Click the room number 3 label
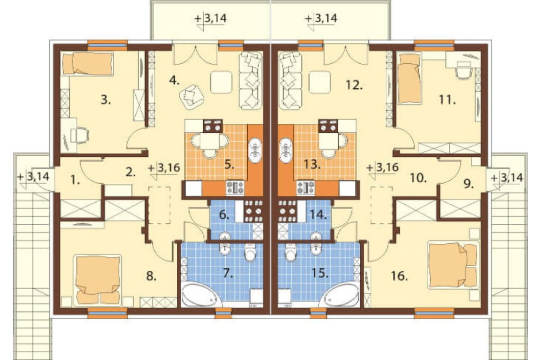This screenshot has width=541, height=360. tap(106, 101)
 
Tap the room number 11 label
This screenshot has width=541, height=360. tap(447, 100)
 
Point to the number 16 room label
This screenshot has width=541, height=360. tap(400, 276)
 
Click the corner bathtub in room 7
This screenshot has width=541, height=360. tap(199, 295)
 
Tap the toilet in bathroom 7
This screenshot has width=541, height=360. tap(250, 251)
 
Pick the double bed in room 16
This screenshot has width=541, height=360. tap(453, 265)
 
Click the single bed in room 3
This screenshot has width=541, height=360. tap(88, 64)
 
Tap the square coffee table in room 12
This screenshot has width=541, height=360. tap(320, 82)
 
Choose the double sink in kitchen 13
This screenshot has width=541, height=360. tap(286, 150)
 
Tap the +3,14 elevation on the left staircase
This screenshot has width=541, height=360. tap(34, 177)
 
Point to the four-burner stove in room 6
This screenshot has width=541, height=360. tap(254, 211)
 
